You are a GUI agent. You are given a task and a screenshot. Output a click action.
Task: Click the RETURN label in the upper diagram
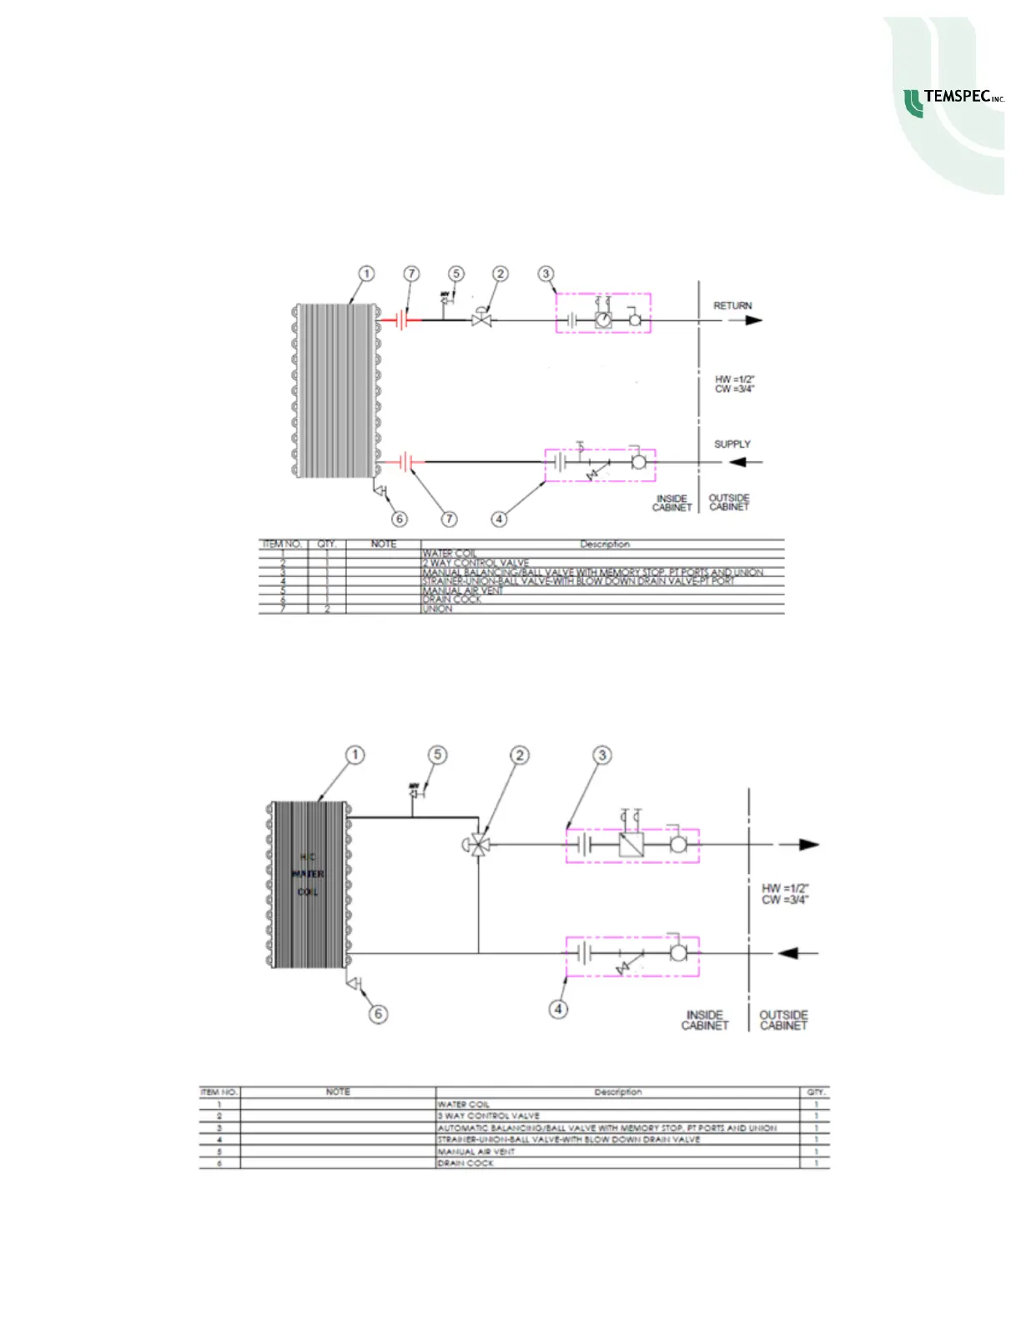(732, 306)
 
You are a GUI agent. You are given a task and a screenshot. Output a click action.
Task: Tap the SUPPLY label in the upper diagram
(732, 445)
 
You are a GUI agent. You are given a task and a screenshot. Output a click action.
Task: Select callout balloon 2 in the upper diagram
(500, 274)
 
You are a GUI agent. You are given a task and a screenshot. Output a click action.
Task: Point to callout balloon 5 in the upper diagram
(455, 274)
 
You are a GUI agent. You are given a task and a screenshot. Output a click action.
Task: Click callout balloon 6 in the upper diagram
(400, 519)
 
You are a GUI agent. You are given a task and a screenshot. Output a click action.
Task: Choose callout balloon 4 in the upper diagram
(499, 519)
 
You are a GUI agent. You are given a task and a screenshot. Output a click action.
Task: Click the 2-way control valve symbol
(481, 319)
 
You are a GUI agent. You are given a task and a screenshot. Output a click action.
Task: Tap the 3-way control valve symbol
(477, 845)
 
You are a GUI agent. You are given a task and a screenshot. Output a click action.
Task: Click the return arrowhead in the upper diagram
(754, 320)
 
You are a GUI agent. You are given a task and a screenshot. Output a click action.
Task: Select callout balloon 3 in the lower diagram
(602, 756)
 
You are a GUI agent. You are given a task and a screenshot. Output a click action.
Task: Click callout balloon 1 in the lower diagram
(355, 756)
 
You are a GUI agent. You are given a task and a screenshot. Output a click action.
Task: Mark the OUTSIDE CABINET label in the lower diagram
(783, 1020)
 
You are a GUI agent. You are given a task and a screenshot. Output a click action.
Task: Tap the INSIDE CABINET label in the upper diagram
(671, 503)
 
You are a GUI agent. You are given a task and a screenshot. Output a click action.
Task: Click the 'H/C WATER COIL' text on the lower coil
(308, 874)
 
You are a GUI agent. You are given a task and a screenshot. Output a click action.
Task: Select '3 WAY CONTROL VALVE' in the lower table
(489, 1116)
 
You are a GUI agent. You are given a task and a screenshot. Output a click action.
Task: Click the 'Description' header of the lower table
(617, 1092)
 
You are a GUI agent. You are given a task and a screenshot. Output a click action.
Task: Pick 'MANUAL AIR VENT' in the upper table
(462, 590)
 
